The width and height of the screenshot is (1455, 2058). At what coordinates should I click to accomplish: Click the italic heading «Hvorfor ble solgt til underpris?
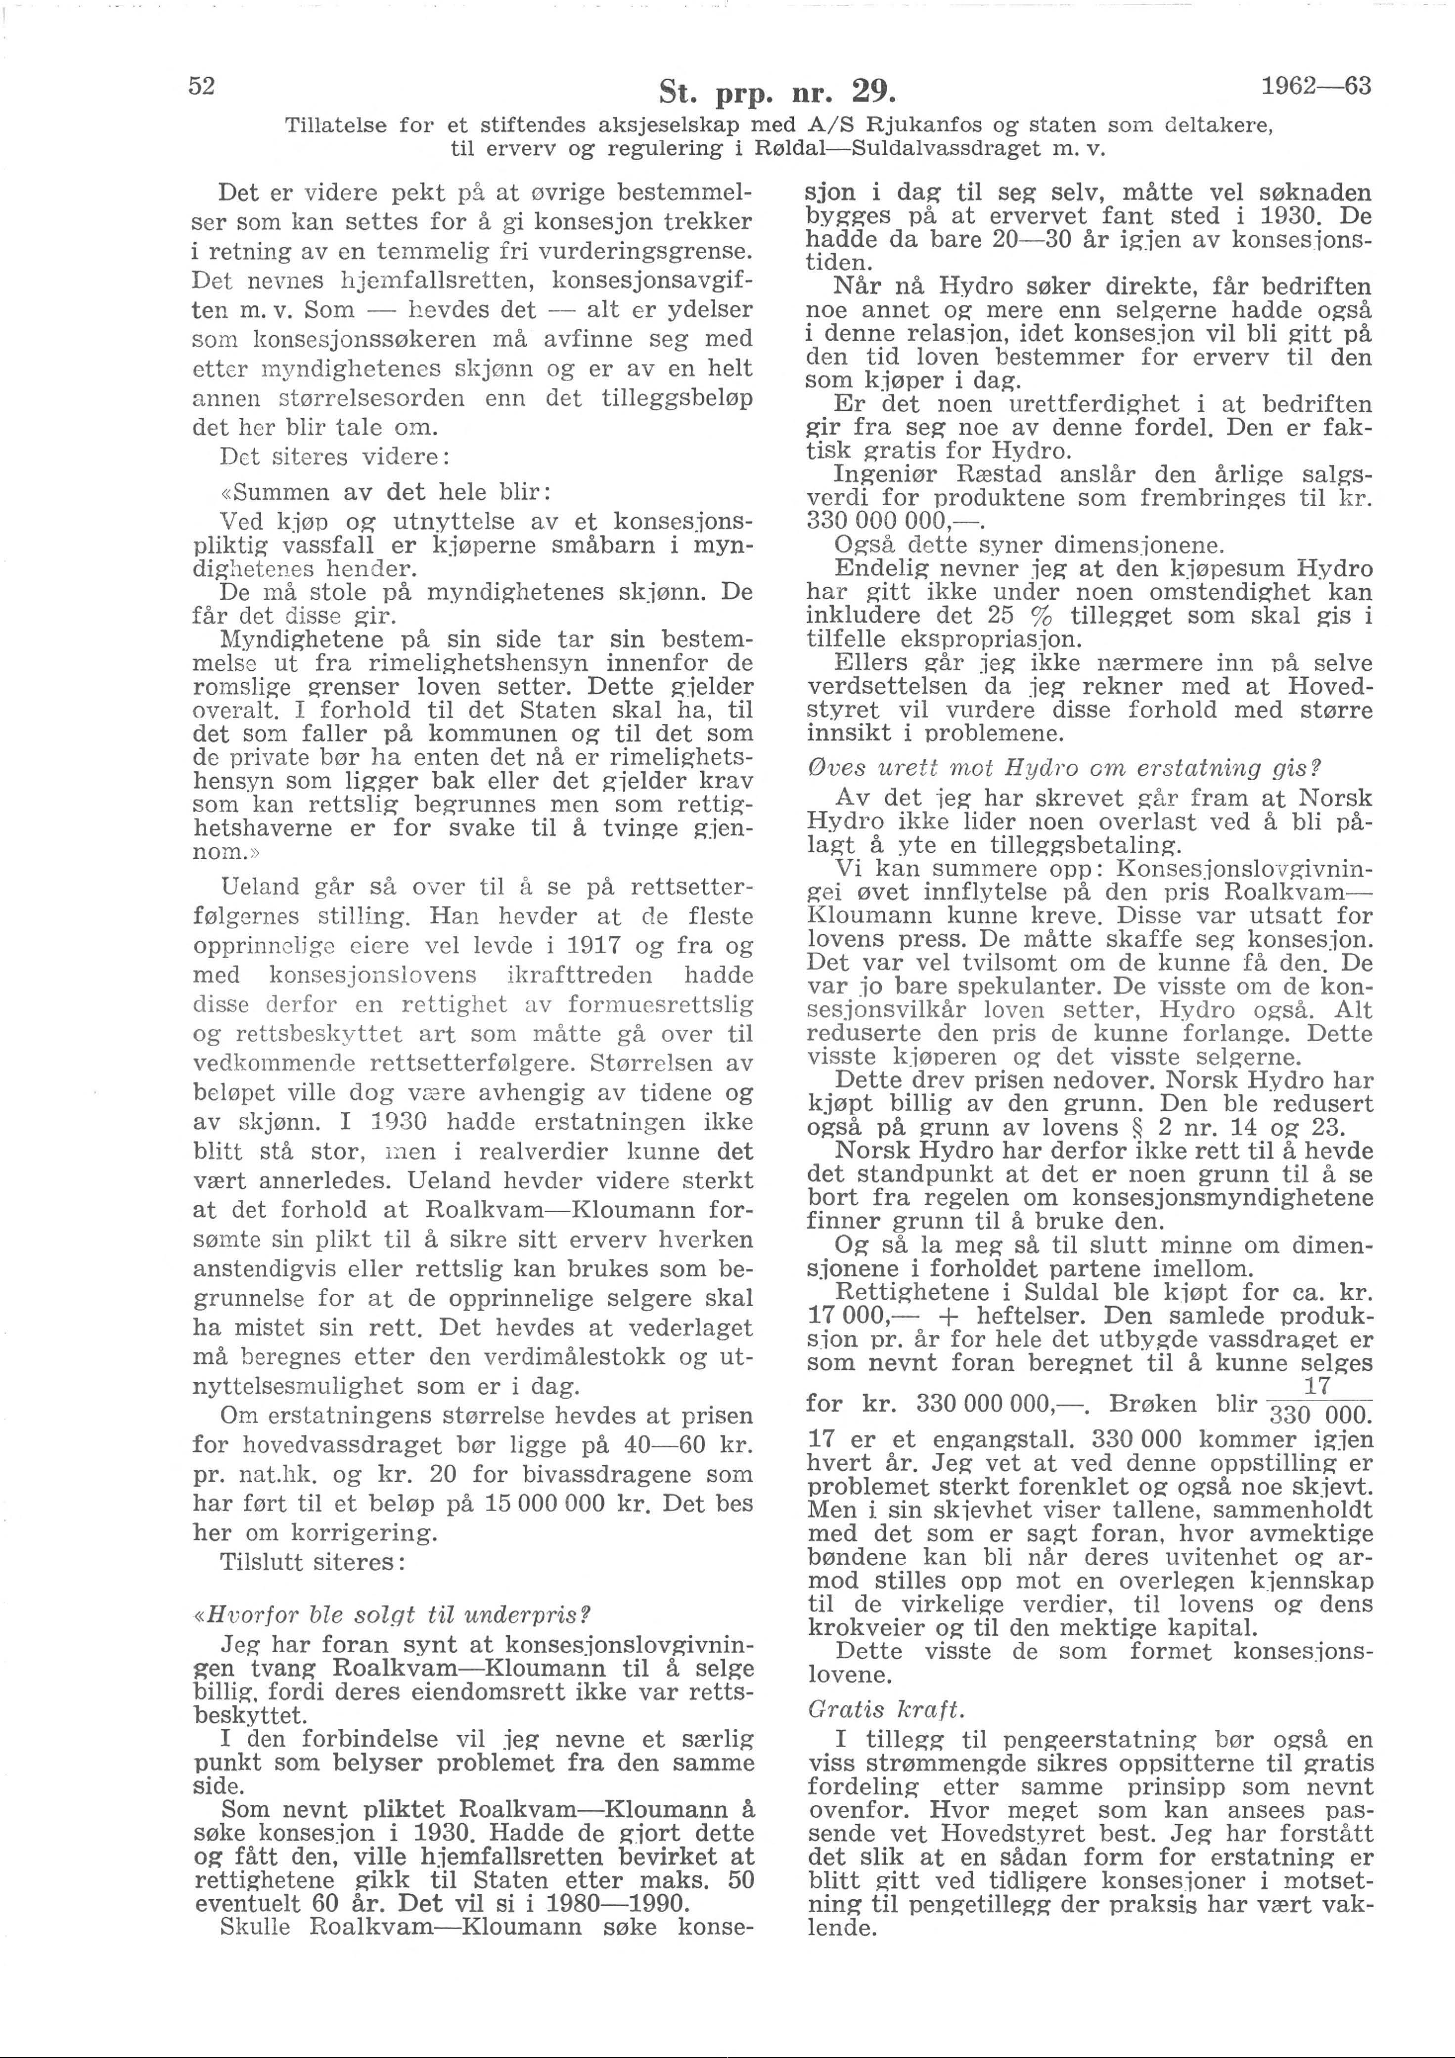(x=387, y=1639)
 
